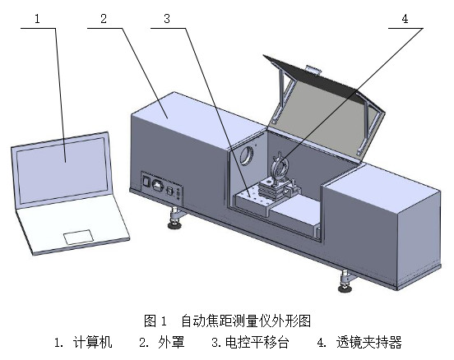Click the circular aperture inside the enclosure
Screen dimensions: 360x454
pyautogui.click(x=246, y=155)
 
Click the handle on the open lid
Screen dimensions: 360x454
pyautogui.click(x=311, y=71)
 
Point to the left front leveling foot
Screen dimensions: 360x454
pyautogui.click(x=175, y=217)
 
